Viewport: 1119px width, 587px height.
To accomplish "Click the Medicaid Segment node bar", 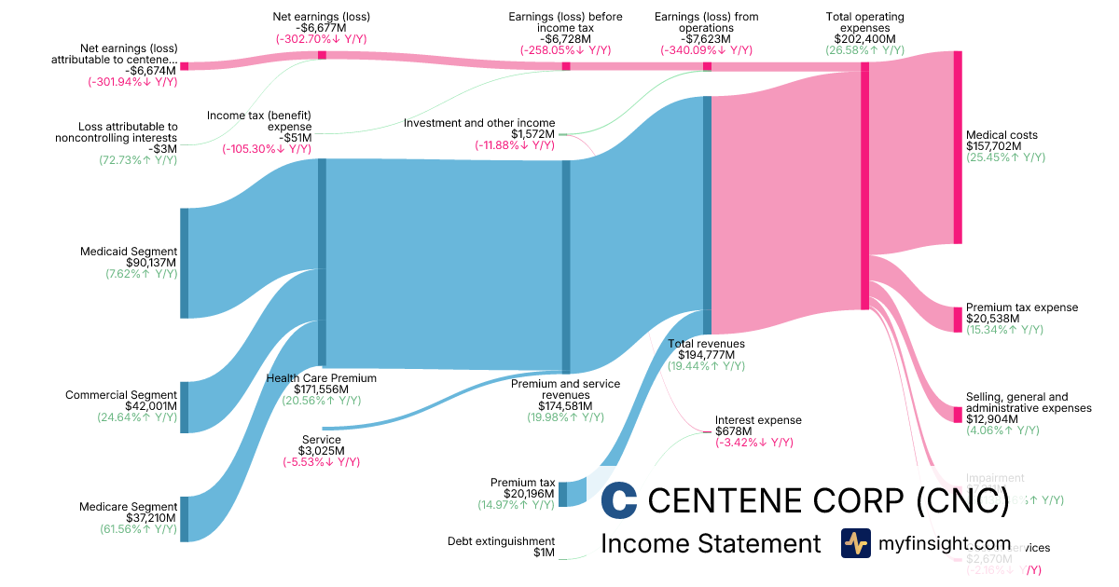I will (x=184, y=263).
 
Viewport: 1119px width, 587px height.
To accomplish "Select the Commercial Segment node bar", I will (x=184, y=407).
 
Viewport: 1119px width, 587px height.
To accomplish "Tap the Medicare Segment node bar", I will (x=184, y=519).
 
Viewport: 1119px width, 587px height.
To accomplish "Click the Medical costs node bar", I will (x=957, y=152).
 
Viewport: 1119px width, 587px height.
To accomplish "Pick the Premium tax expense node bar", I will (x=957, y=319).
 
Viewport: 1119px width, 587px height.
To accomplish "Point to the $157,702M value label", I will (x=993, y=146).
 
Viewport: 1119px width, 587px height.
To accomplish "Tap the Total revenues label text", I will (x=706, y=344).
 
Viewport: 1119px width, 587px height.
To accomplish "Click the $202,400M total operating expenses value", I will (x=864, y=38).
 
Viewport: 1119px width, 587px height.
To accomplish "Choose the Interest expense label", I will (x=758, y=420).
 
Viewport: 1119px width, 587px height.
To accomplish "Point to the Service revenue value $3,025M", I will (x=321, y=451).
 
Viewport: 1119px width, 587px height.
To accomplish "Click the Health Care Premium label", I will (x=322, y=378).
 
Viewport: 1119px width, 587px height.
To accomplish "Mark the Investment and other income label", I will (x=479, y=123).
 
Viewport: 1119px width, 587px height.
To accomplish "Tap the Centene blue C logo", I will (x=619, y=500).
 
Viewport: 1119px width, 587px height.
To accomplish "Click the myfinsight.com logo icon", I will (x=855, y=543).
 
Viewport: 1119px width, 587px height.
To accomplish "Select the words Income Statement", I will (x=711, y=543).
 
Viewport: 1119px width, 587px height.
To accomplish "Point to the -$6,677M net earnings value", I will (x=321, y=28).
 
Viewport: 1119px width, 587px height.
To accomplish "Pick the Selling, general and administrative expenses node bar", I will (x=957, y=414).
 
